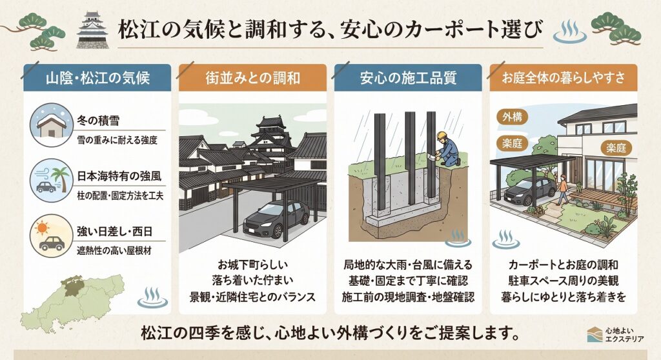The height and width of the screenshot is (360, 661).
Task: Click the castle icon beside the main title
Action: pyautogui.click(x=92, y=30)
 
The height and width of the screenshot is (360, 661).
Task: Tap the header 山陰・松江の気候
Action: pyautogui.click(x=97, y=78)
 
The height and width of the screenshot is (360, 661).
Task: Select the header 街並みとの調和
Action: pyautogui.click(x=252, y=78)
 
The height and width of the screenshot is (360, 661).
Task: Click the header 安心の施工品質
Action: pyautogui.click(x=408, y=78)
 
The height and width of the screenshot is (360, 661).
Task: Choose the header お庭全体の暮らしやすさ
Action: pyautogui.click(x=563, y=78)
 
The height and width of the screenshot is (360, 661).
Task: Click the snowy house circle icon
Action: pyautogui.click(x=52, y=125)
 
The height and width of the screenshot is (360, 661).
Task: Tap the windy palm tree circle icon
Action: pyautogui.click(x=52, y=181)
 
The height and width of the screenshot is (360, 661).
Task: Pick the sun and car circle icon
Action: pyautogui.click(x=52, y=235)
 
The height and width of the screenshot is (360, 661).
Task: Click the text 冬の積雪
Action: pyautogui.click(x=98, y=121)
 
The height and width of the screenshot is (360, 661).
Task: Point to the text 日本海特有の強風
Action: pyautogui.click(x=119, y=176)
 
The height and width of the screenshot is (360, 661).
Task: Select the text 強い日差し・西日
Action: pyautogui.click(x=115, y=232)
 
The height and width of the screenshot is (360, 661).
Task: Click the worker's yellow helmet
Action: pyautogui.click(x=442, y=135)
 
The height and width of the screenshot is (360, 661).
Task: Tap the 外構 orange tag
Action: pyautogui.click(x=512, y=117)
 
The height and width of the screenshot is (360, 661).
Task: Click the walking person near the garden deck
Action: pyautogui.click(x=562, y=189)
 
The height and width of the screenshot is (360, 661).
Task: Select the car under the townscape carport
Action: pyautogui.click(x=276, y=219)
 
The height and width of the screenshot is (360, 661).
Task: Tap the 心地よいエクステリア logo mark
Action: pyautogui.click(x=595, y=334)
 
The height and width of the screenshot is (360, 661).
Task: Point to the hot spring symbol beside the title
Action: pyautogui.click(x=570, y=32)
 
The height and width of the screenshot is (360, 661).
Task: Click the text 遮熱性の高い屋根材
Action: pyautogui.click(x=114, y=251)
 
